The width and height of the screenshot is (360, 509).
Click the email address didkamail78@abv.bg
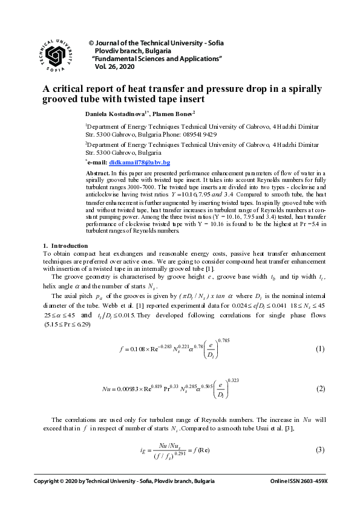click(x=139, y=163)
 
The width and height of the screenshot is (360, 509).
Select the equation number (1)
click(x=321, y=350)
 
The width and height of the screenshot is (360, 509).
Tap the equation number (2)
click(x=321, y=389)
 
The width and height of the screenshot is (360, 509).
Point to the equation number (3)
click(x=321, y=451)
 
